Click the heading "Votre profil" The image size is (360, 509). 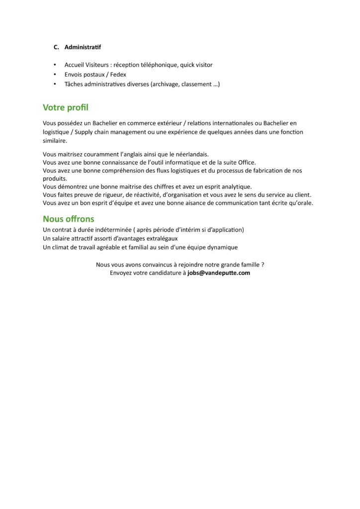(x=66, y=107)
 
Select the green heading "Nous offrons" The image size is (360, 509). (x=68, y=219)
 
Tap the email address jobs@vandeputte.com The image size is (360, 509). (x=219, y=273)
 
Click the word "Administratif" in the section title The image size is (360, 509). (x=83, y=47)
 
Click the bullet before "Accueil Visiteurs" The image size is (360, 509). (x=55, y=65)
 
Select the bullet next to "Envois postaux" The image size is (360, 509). (x=55, y=75)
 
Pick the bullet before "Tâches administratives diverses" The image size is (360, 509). (x=55, y=84)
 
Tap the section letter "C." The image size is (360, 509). (x=56, y=47)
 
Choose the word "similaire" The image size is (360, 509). (x=55, y=141)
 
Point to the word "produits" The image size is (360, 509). (x=55, y=178)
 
